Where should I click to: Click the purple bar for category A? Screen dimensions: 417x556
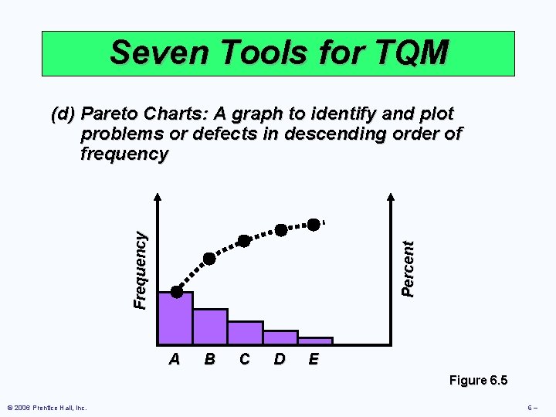[175, 318]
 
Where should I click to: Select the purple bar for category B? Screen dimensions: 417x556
[210, 327]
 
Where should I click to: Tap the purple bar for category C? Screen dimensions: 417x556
[245, 333]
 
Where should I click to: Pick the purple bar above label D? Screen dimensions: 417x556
[280, 337]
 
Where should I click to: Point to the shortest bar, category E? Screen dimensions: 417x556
[315, 341]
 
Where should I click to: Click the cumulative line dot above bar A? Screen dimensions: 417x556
[177, 292]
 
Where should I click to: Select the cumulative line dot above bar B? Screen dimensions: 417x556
[209, 258]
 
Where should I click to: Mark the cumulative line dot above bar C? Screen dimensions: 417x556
[244, 241]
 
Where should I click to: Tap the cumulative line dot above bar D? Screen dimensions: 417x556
[281, 230]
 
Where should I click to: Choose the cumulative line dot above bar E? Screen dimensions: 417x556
[314, 225]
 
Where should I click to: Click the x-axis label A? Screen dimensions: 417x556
[175, 359]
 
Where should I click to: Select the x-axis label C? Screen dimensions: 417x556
[244, 359]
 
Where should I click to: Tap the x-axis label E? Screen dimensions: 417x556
[314, 359]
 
